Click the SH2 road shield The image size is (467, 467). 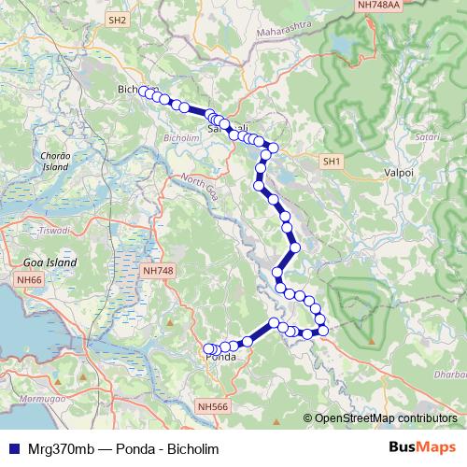coord(117,19)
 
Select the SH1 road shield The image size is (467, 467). coord(332,162)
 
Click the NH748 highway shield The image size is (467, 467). coord(157,270)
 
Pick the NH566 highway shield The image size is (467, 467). coord(213,406)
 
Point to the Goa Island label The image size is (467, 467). coord(50,263)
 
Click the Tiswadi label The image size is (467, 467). coord(47,229)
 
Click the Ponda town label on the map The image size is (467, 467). coord(219,357)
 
